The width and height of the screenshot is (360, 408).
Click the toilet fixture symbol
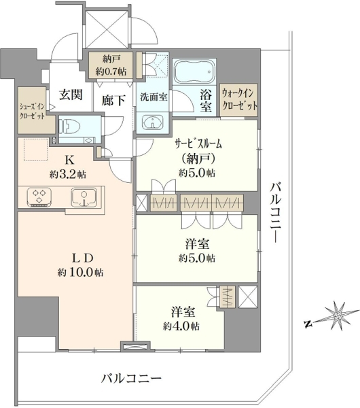pos(70,126)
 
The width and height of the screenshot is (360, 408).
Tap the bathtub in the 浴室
pos(194,71)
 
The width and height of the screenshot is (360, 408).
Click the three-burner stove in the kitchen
pos(39,197)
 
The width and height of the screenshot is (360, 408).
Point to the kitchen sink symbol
pos(84,197)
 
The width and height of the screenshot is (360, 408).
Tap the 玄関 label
pos(71,95)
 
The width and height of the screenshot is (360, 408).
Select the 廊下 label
pos(113,100)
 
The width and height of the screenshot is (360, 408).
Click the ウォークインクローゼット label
pos(239,100)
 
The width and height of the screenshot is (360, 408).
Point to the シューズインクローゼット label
pos(33,111)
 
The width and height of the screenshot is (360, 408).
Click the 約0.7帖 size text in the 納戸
pos(111,71)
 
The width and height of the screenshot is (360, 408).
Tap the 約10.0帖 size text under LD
pos(81,273)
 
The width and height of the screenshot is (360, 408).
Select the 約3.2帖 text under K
pos(68,174)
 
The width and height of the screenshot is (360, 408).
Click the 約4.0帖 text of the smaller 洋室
pos(181,326)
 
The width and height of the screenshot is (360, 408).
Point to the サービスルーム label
pos(198,144)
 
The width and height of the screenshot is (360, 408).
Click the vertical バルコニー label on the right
pos(276,213)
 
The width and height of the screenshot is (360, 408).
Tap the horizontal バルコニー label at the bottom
pos(131,378)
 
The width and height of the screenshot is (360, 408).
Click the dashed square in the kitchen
pos(37,150)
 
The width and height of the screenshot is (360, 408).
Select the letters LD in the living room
pos(82,258)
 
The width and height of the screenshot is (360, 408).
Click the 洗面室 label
pos(154,97)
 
